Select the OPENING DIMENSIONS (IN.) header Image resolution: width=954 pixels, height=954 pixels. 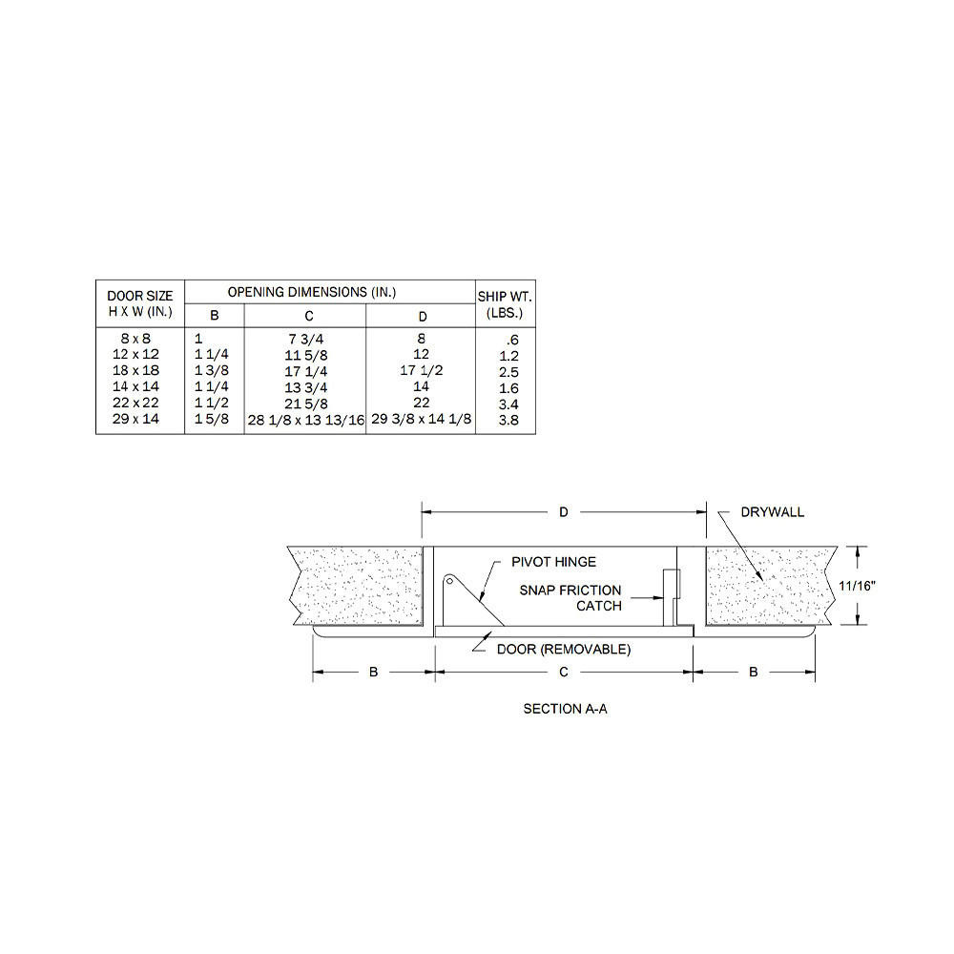pos(311,292)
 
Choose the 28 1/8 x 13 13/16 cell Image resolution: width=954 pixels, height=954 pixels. pos(305,421)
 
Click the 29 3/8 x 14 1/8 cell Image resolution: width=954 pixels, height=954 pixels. pos(421,421)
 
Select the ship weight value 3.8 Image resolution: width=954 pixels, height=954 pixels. pos(509,421)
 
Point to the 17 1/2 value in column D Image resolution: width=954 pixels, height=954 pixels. pos(421,370)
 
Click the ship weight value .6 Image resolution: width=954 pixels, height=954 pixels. pos(512,339)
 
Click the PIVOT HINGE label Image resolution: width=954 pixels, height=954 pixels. pos(554,563)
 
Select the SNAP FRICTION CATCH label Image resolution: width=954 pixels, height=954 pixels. pos(570,598)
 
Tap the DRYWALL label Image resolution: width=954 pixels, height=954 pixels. pos(772,512)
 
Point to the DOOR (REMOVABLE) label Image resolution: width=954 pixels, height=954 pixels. pos(563,650)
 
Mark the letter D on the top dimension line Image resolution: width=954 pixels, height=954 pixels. pos(564,512)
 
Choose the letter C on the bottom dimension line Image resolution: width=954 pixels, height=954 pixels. pos(564,673)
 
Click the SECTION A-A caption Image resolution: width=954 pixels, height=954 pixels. pos(565,709)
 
